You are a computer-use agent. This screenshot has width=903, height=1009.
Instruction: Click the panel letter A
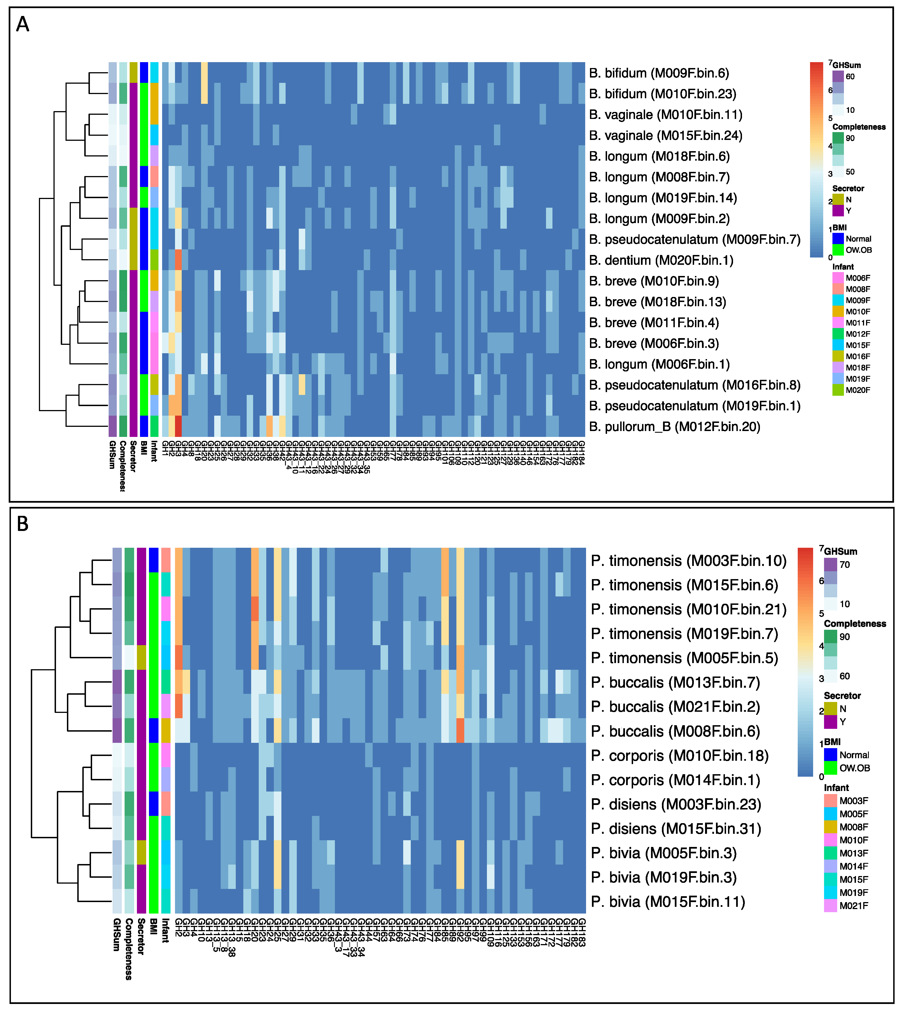(x=23, y=24)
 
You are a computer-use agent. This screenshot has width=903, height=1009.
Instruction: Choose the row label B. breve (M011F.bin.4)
(x=654, y=323)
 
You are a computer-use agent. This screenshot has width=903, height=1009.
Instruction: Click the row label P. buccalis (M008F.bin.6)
(x=675, y=731)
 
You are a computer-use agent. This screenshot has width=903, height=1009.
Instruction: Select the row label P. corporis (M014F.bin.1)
(x=675, y=780)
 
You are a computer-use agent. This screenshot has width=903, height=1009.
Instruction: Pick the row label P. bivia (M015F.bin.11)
(x=668, y=902)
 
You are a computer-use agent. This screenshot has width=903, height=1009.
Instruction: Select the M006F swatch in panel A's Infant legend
(x=838, y=278)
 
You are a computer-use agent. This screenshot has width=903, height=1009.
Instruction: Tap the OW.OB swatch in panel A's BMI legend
(x=838, y=250)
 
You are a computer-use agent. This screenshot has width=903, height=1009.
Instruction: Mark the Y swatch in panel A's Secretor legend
(x=838, y=211)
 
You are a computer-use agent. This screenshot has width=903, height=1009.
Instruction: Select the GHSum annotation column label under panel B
(x=116, y=935)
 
